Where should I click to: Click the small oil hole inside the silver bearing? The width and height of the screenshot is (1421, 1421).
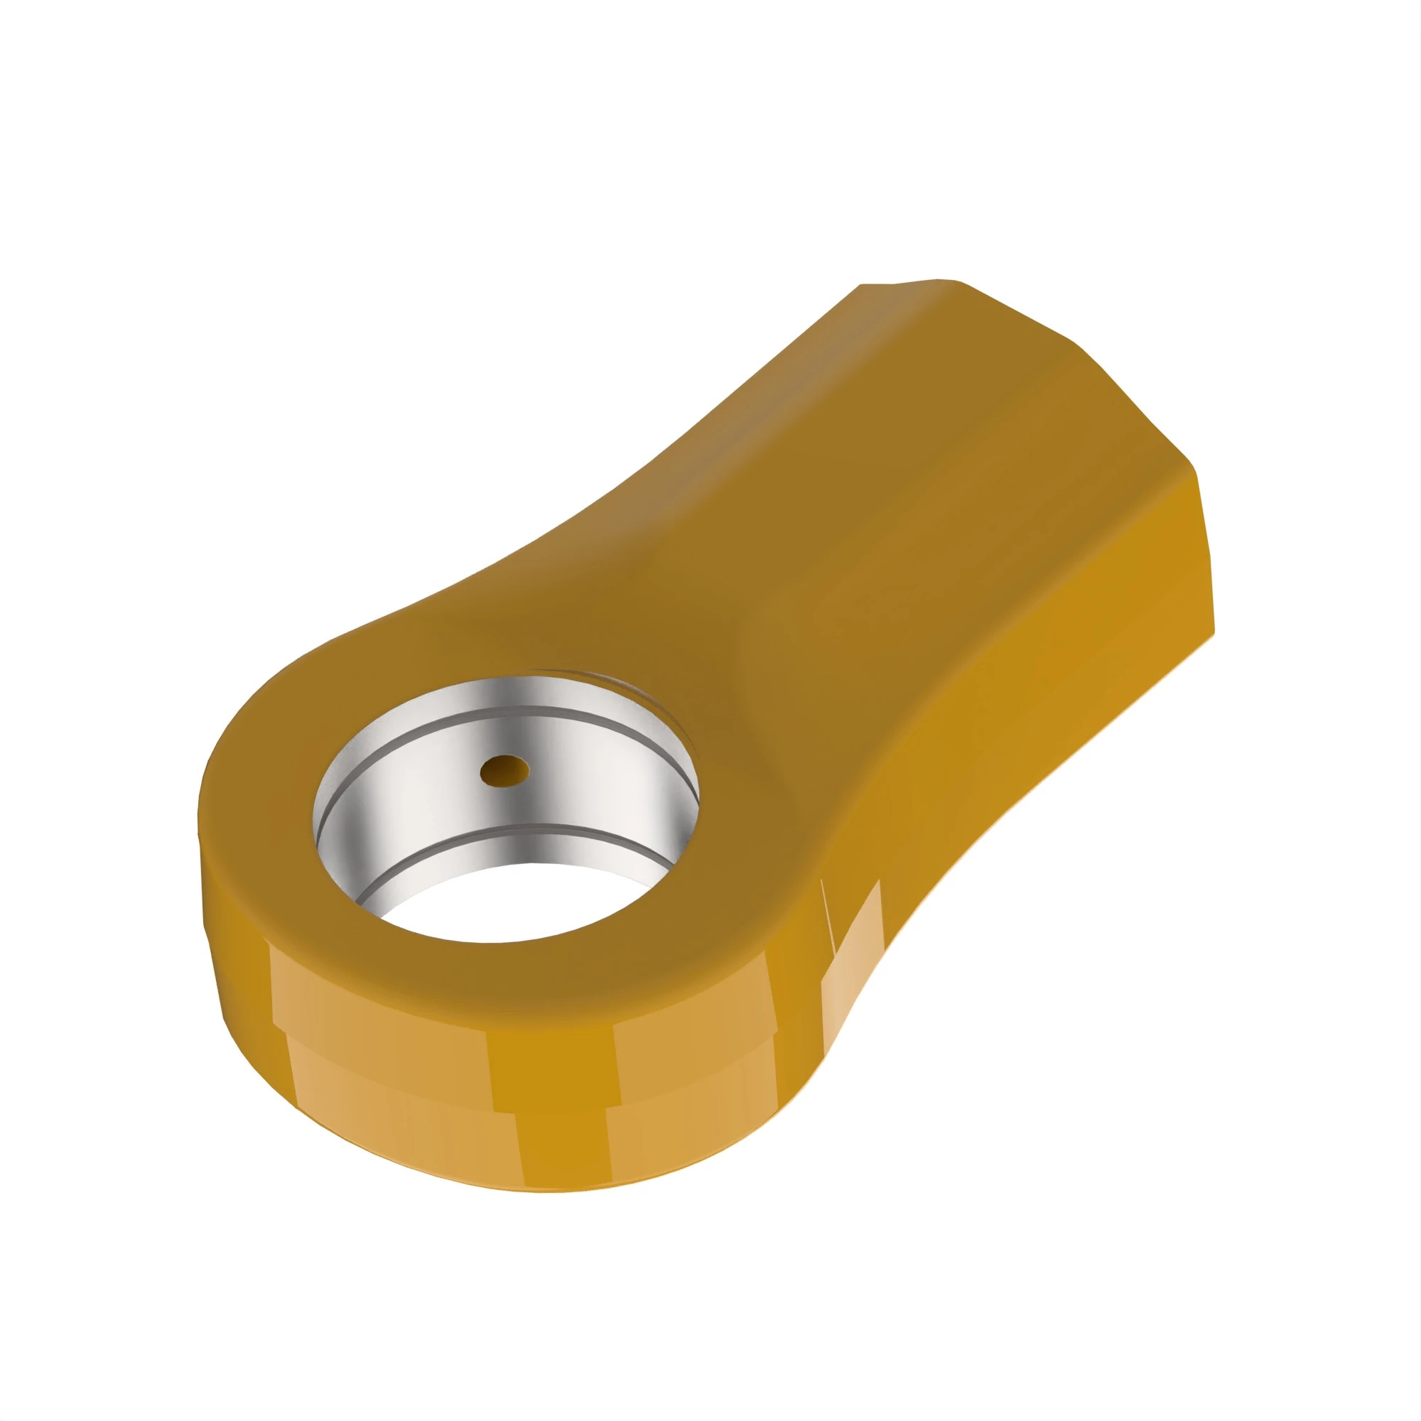(x=504, y=770)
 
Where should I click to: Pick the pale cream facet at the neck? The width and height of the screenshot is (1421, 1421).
(x=853, y=949)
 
